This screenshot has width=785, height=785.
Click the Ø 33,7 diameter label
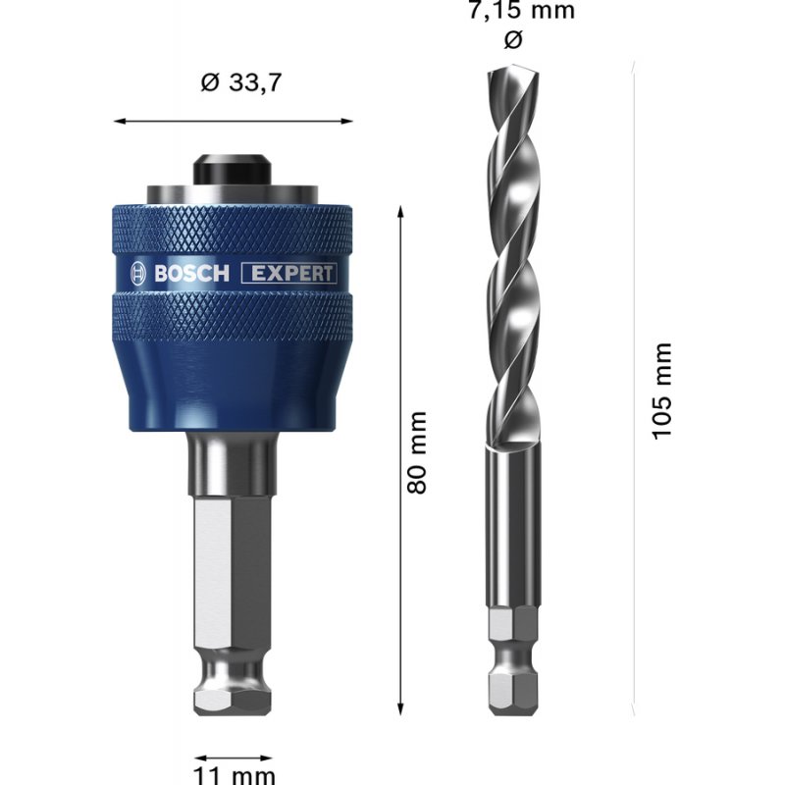(x=240, y=83)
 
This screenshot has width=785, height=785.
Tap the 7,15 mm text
(x=520, y=12)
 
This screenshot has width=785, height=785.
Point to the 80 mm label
(x=418, y=452)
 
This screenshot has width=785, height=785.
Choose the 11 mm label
(x=234, y=775)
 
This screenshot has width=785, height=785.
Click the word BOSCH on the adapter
(x=190, y=274)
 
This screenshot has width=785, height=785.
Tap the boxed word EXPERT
(x=289, y=274)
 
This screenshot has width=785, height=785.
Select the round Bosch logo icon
(x=136, y=274)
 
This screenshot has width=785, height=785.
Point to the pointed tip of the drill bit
(x=508, y=75)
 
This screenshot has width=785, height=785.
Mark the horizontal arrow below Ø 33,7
(x=234, y=121)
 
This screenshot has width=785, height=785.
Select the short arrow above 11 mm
(x=234, y=757)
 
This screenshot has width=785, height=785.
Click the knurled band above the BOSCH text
(x=234, y=232)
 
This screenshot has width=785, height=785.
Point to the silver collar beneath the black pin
(x=234, y=192)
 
